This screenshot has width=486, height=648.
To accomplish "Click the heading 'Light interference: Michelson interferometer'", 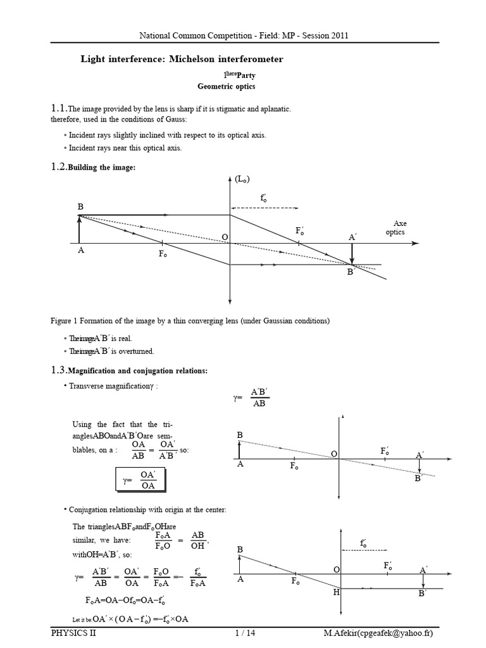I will pyautogui.click(x=182, y=59).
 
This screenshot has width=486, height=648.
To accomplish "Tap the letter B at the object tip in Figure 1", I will pyautogui.click(x=80, y=208).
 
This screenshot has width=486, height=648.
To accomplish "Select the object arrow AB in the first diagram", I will pyautogui.click(x=78, y=230).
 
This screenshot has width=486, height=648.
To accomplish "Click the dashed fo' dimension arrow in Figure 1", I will pyautogui.click(x=264, y=206).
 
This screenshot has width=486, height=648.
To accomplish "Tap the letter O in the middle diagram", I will pyautogui.click(x=333, y=454).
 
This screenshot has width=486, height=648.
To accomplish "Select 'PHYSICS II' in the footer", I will pyautogui.click(x=73, y=633).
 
